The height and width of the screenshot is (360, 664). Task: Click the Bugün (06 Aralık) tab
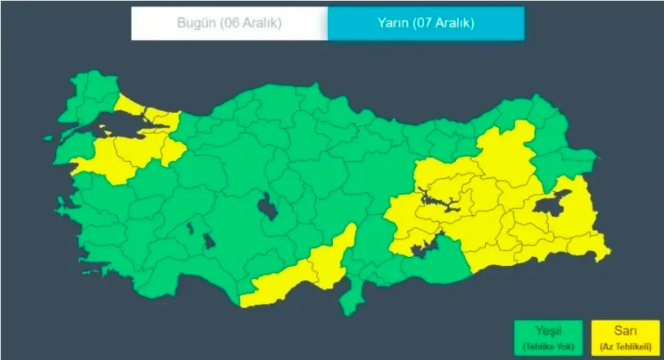coord(229,23)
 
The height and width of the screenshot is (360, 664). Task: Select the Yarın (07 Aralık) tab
coord(426,23)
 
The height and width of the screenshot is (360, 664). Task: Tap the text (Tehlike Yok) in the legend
coord(548,346)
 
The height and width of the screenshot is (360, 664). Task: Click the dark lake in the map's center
coord(268,207)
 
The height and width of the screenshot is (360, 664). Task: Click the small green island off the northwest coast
coord(48,138)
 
